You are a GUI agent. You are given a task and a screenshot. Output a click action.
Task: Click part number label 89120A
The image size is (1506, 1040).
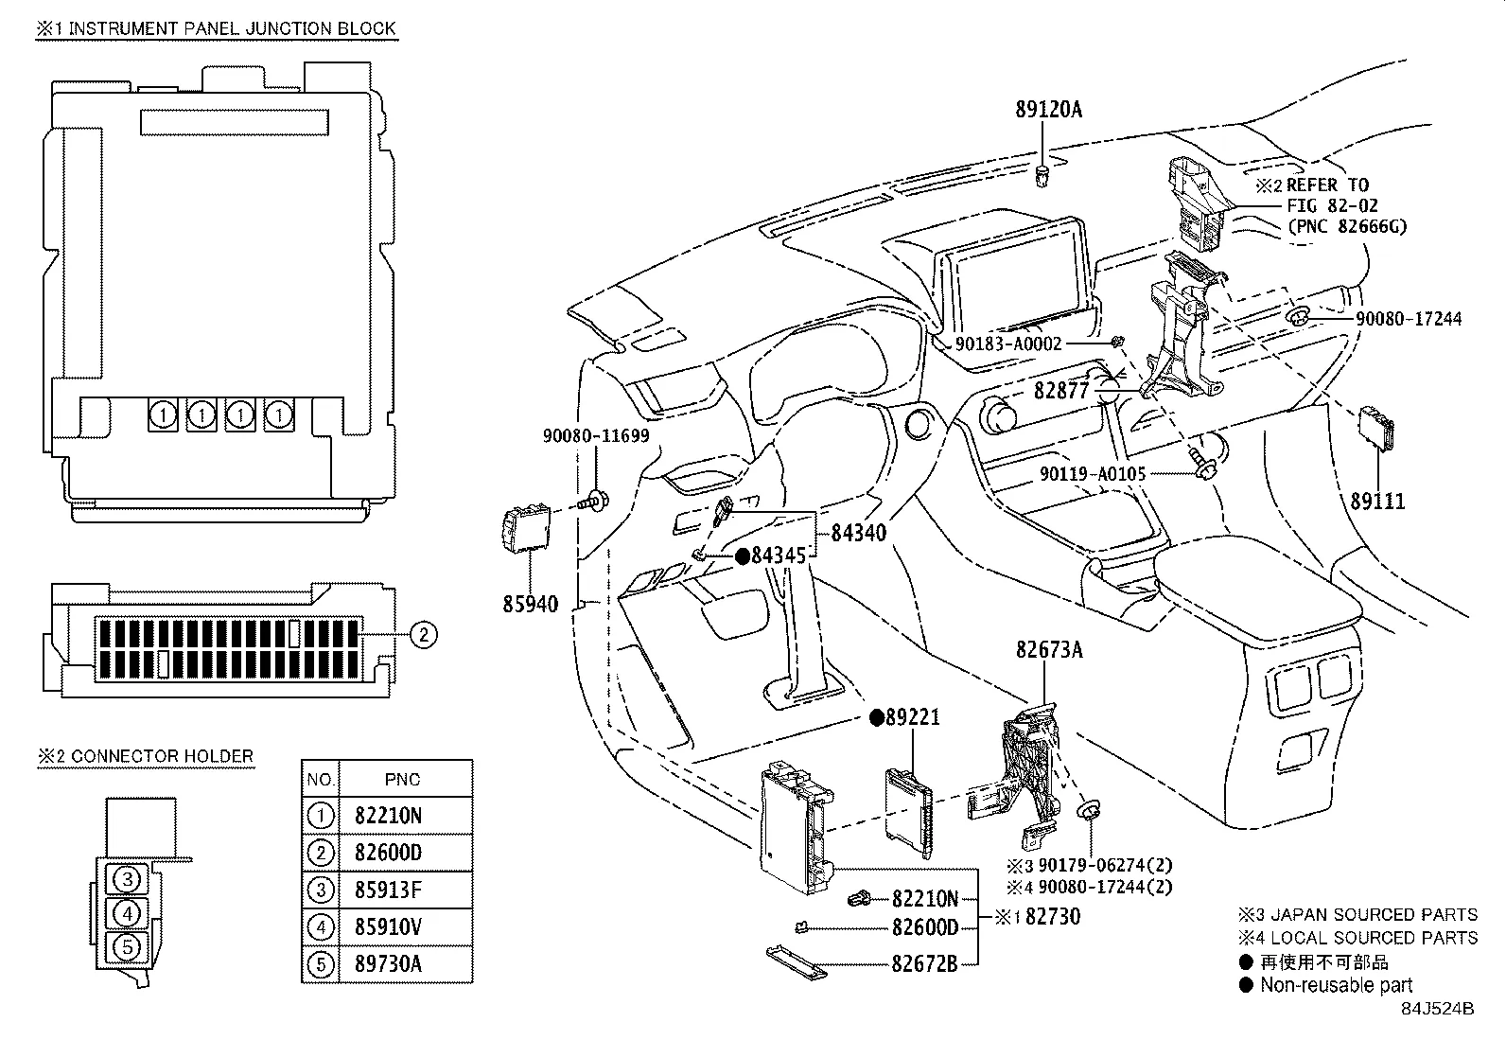(1048, 110)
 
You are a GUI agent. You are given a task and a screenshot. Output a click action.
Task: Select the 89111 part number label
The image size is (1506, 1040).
(1377, 502)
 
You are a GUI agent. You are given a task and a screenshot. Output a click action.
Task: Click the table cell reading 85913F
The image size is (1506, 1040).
(388, 890)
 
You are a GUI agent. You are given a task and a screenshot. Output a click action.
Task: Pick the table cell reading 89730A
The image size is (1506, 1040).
(388, 963)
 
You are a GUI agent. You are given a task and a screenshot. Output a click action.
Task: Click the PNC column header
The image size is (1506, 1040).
(403, 780)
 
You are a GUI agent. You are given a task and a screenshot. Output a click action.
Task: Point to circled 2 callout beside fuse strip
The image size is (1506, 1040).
(423, 634)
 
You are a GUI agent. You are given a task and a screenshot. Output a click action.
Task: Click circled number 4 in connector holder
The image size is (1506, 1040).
(129, 913)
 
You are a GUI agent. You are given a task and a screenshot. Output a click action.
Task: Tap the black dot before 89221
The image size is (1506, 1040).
(876, 717)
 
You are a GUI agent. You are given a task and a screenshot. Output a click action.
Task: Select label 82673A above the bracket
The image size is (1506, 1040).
(1049, 650)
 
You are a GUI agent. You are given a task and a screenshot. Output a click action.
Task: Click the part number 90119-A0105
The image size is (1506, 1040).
(1093, 473)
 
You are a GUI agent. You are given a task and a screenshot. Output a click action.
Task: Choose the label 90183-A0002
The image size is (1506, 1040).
(1007, 344)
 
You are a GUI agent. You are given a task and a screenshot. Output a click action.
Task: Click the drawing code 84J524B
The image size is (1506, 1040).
(1437, 1009)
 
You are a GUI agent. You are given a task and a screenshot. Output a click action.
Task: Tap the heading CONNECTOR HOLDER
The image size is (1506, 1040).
(162, 756)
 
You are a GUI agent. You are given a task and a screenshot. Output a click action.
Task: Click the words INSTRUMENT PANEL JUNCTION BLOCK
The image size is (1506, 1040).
(232, 28)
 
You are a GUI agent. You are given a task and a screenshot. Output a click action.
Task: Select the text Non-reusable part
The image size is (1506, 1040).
(1336, 985)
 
